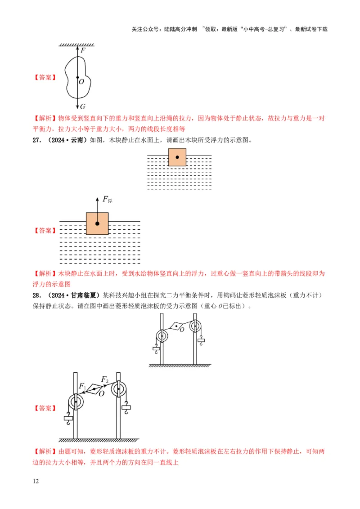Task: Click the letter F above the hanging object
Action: (83, 50)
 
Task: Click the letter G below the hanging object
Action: (82, 107)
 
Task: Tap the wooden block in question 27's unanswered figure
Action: (177, 157)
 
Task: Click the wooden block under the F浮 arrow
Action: (97, 223)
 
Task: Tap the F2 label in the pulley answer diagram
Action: (105, 380)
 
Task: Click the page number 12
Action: (36, 481)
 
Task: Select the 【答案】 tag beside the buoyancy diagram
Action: (45, 231)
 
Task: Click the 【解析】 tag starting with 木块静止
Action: (45, 273)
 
